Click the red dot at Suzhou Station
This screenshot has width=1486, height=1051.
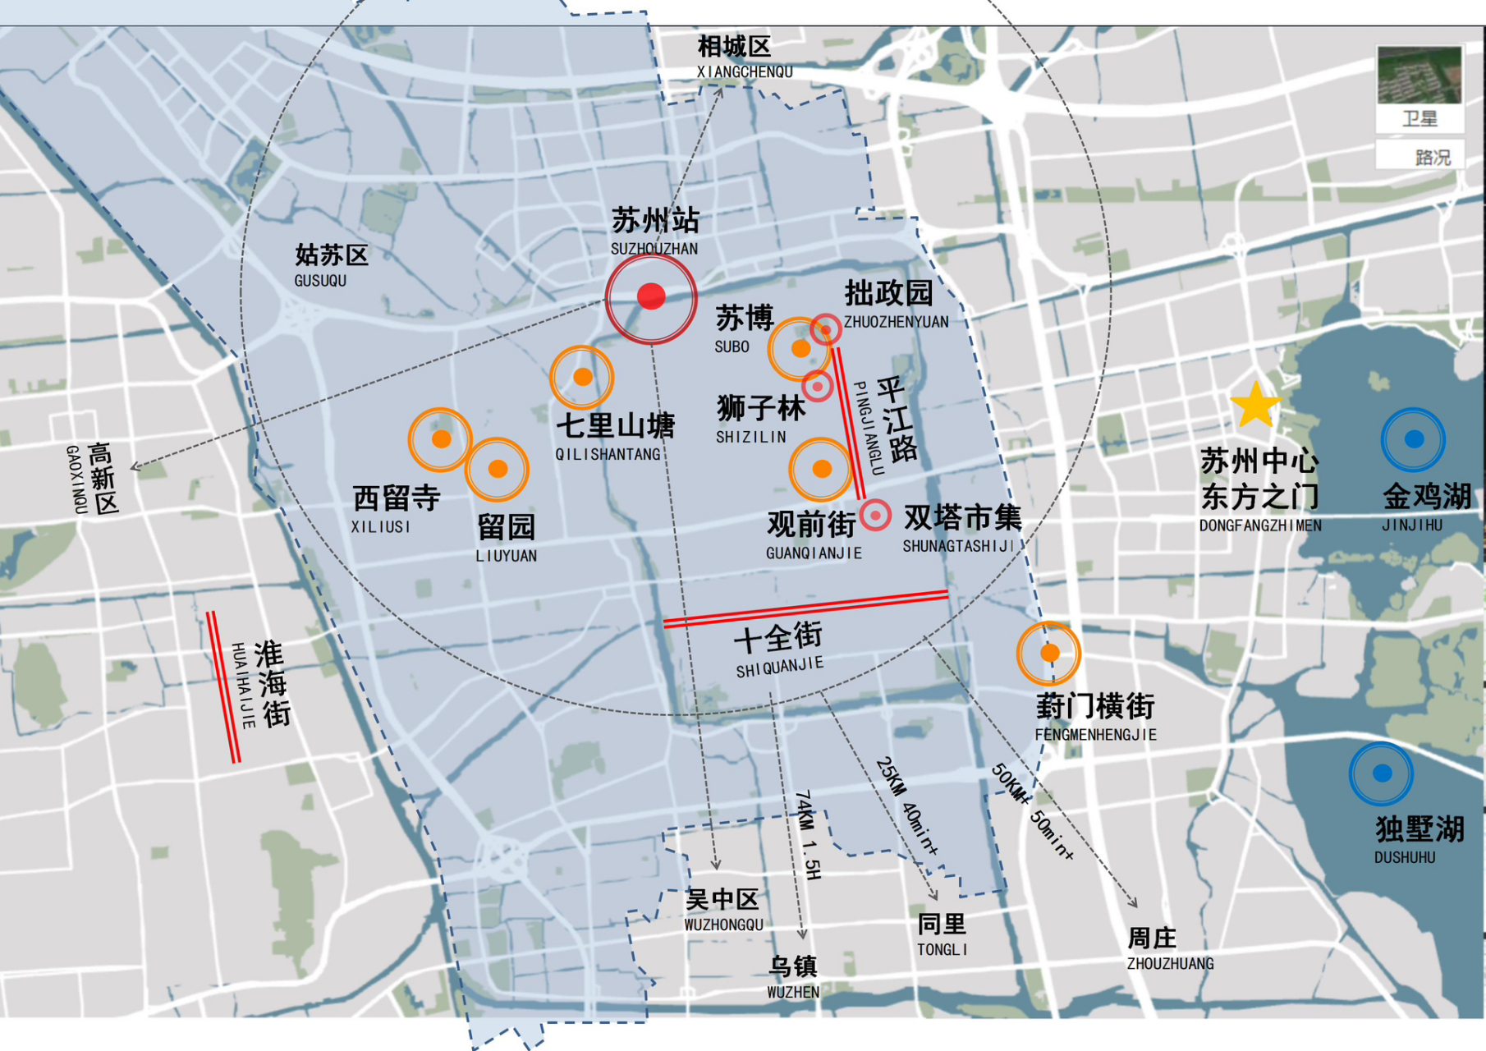[651, 296]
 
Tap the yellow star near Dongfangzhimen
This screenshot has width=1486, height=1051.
[1255, 405]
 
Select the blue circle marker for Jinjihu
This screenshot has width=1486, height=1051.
[1413, 439]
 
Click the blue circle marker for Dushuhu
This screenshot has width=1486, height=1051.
[1382, 773]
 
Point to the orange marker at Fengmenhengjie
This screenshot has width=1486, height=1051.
[1049, 653]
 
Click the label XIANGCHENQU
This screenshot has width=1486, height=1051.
[745, 72]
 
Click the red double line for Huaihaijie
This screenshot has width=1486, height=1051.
[223, 686]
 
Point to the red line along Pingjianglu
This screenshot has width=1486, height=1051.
[850, 424]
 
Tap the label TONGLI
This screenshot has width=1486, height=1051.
[942, 950]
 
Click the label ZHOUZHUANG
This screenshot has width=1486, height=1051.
[1170, 964]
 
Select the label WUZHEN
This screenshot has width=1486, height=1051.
[792, 992]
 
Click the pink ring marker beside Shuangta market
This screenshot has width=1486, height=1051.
[875, 515]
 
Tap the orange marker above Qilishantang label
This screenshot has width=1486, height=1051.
[582, 377]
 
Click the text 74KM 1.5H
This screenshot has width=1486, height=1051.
[808, 834]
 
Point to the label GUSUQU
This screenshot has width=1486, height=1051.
[320, 281]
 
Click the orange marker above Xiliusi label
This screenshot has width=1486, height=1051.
[441, 439]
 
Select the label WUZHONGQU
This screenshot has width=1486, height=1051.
[723, 925]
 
